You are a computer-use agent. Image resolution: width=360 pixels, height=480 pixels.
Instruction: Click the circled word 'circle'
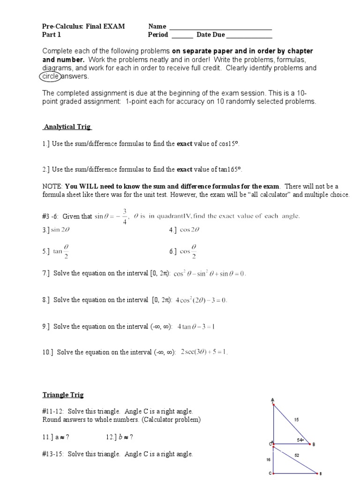pyautogui.click(x=51, y=76)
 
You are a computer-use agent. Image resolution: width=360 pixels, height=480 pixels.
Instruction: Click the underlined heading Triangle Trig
pyautogui.click(x=63, y=395)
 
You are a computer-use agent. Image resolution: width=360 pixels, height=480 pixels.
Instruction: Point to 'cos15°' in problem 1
pyautogui.click(x=230, y=144)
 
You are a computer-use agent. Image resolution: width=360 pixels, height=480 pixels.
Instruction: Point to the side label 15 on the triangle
pyautogui.click(x=296, y=420)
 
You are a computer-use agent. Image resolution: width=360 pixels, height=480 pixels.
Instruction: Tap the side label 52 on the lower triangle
pyautogui.click(x=297, y=455)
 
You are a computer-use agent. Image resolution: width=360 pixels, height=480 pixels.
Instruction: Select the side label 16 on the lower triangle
pyautogui.click(x=268, y=460)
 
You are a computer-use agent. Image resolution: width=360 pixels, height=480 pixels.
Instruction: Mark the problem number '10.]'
pyautogui.click(x=48, y=352)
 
